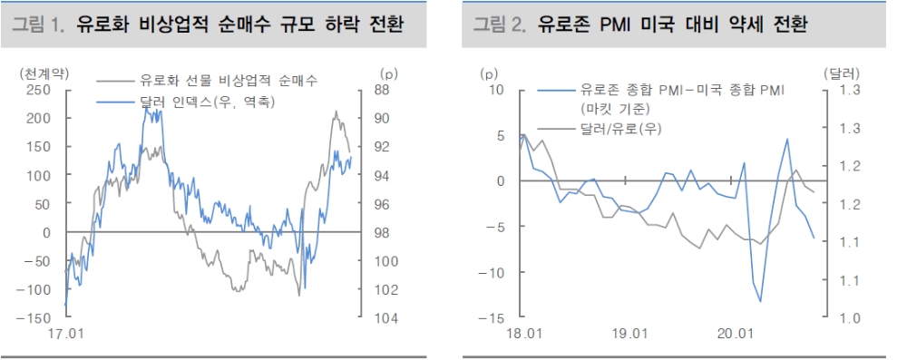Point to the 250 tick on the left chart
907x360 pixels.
click(38, 90)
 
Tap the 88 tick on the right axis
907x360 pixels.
click(382, 90)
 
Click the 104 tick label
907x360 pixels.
click(385, 317)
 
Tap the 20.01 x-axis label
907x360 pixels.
click(735, 333)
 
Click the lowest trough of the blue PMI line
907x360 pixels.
click(760, 301)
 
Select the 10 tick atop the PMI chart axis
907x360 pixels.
click(495, 90)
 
